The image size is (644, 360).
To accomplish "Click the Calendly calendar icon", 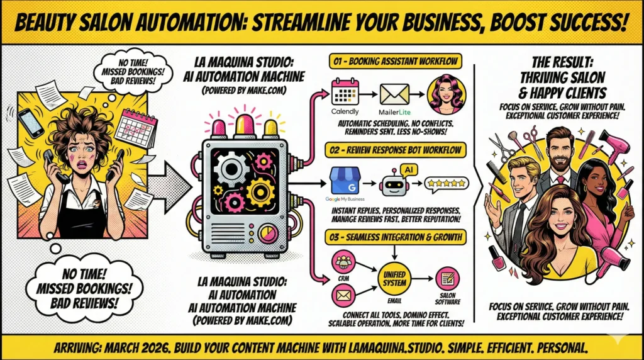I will (x=345, y=92).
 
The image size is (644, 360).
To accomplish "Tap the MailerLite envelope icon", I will (x=394, y=94).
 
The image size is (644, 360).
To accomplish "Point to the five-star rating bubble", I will (x=446, y=183).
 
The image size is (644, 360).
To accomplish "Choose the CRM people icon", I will (x=344, y=261).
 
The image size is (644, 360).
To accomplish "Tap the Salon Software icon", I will (x=447, y=278).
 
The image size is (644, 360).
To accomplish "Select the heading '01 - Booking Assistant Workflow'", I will (x=394, y=62).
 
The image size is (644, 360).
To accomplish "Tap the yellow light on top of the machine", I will (x=271, y=127).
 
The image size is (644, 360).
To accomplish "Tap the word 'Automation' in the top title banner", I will (x=137, y=23).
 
